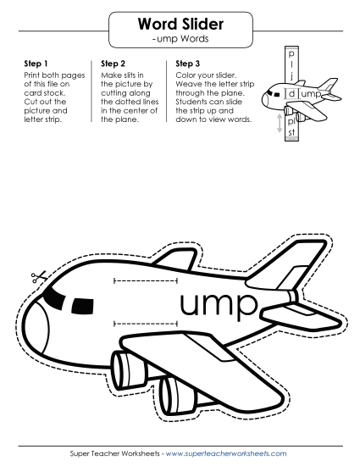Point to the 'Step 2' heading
114,64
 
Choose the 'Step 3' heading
188,64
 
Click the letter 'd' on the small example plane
291,94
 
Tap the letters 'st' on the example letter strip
292,131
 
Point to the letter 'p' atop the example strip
292,52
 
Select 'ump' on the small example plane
311,94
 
